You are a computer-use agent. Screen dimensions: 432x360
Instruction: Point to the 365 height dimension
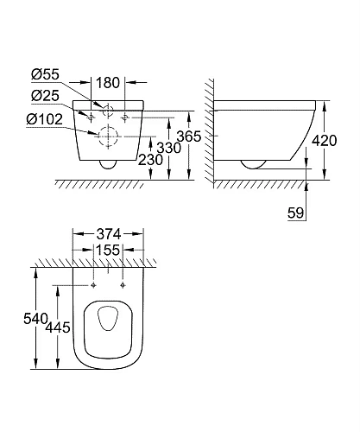point(177,137)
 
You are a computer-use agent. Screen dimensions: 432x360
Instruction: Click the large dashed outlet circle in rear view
point(108,135)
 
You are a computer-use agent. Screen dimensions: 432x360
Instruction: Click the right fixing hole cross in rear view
point(125,113)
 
